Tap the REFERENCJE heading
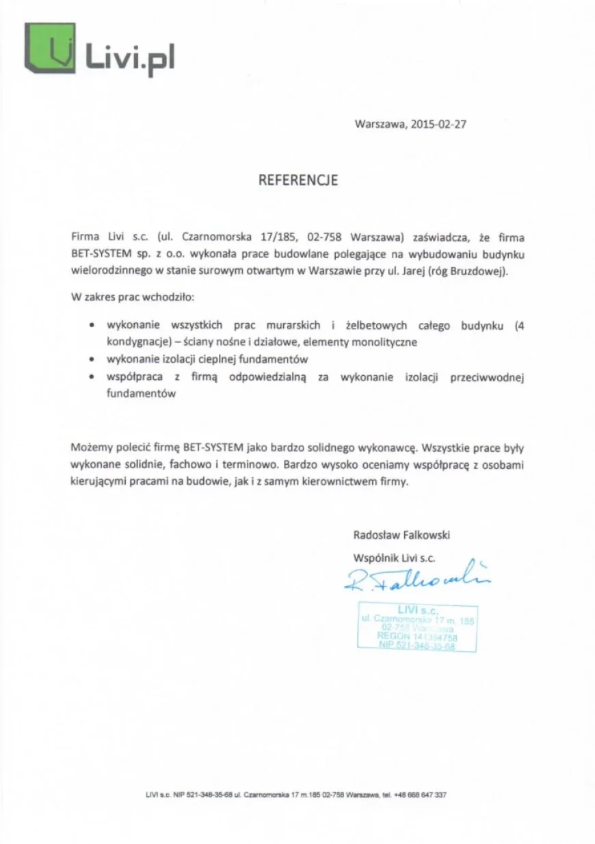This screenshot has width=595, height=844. click(297, 181)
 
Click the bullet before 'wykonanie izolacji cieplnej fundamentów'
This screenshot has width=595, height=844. click(92, 359)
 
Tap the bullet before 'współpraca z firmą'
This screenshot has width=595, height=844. click(92, 377)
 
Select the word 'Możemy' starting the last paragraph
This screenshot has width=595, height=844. click(90, 448)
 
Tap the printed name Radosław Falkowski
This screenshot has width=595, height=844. click(401, 535)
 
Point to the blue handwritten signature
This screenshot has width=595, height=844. click(418, 577)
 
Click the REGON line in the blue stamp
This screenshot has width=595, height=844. click(417, 637)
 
